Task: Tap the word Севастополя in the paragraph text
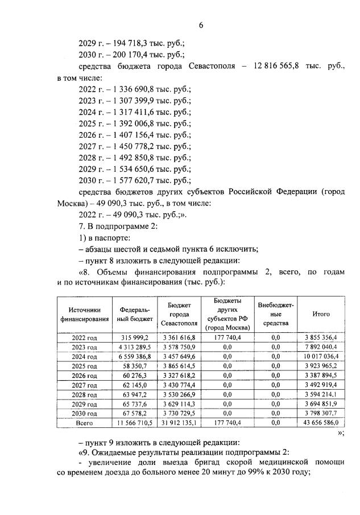(215, 67)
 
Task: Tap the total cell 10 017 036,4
(321, 357)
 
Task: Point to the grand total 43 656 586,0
(321, 423)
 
